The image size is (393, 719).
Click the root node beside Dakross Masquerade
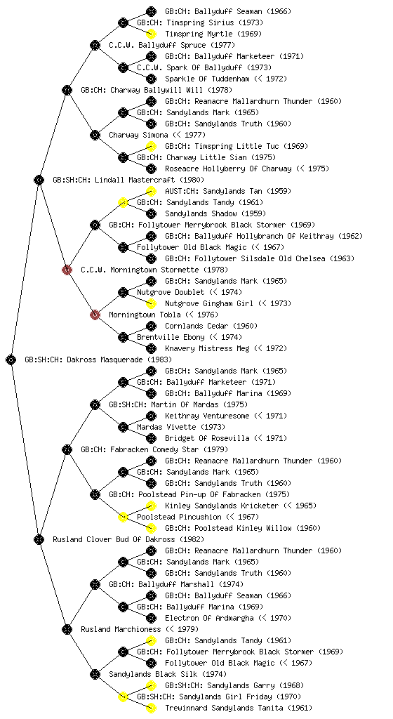point(11,359)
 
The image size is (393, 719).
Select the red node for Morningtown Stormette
point(67,270)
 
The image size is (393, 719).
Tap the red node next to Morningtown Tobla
point(95,315)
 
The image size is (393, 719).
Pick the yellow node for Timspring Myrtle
point(151,34)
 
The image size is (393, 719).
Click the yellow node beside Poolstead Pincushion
point(123,517)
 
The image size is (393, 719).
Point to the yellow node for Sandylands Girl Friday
point(123,697)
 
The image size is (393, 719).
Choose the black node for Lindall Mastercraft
point(39,180)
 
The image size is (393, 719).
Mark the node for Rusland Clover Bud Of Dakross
point(39,539)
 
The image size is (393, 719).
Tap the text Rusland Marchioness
point(121,629)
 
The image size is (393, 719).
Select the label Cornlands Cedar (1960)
point(211,326)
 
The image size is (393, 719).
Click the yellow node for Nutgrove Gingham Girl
point(151,303)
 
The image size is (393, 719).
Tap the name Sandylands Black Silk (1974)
point(168,674)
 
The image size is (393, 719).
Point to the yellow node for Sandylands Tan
point(151,191)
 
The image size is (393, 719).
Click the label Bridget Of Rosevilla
point(208,438)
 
